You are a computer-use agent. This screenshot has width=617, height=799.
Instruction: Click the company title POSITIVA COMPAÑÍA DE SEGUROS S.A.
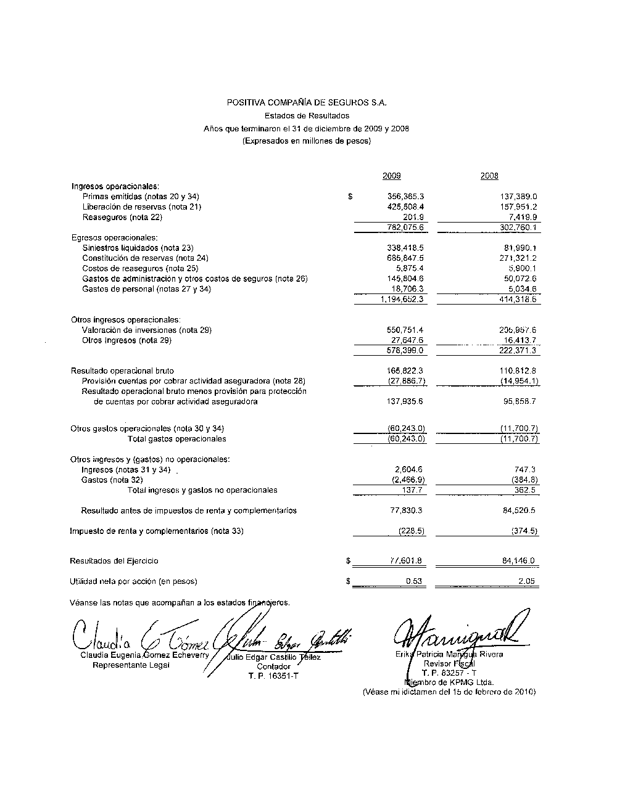[307, 102]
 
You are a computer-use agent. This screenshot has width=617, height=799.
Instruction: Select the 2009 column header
[391, 176]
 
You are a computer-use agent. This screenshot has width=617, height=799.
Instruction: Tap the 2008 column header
[489, 176]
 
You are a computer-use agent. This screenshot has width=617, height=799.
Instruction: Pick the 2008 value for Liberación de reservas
[518, 207]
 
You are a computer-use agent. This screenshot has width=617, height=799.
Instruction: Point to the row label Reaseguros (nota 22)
[122, 217]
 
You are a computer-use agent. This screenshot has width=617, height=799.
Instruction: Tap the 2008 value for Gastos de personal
[522, 289]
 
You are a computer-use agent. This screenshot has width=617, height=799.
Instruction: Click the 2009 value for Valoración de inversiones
[405, 330]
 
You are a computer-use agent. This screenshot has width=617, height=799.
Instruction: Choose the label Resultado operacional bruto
[122, 371]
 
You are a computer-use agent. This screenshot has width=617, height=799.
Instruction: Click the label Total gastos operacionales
[176, 439]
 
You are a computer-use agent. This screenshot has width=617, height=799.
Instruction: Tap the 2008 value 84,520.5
[518, 510]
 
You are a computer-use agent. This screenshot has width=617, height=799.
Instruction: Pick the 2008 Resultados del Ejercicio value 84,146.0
[518, 561]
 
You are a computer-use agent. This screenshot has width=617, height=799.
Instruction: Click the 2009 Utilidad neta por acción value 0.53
[413, 581]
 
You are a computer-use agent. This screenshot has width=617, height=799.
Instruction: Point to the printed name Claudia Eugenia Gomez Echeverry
[144, 655]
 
